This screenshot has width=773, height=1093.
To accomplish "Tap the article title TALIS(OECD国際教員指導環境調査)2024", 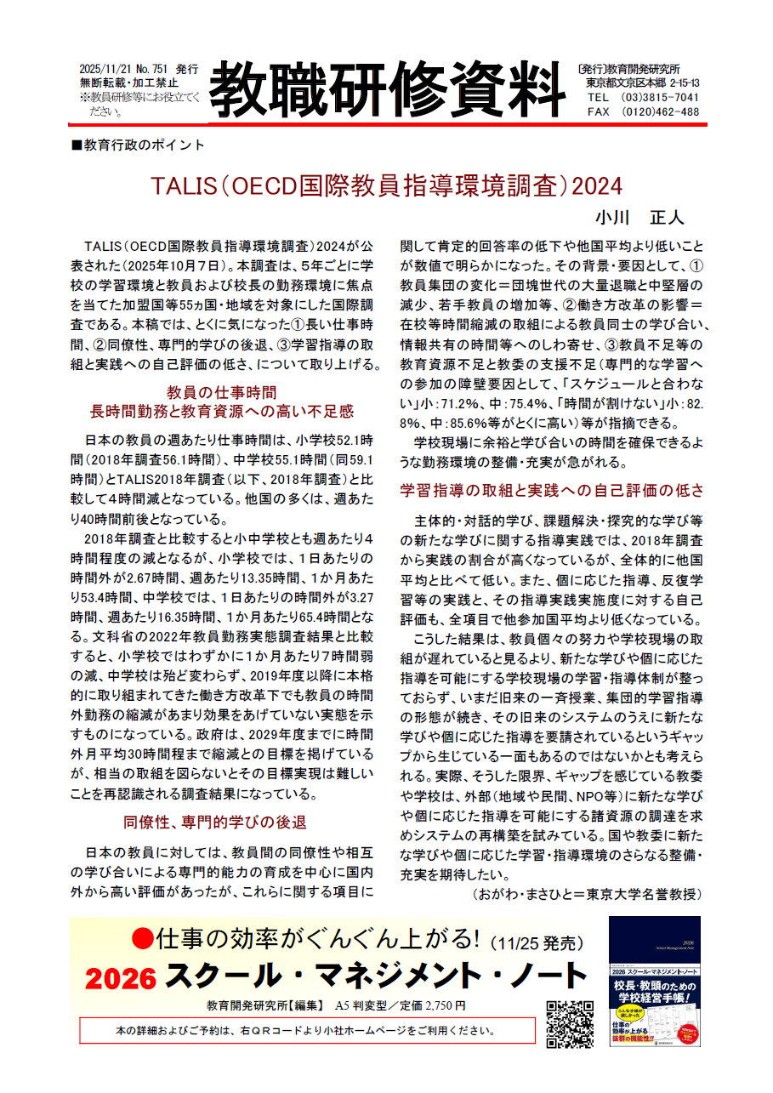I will click(386, 185).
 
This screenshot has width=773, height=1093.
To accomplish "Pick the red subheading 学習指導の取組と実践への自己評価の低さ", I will click(552, 491).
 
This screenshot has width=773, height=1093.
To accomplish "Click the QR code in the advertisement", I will click(569, 1024).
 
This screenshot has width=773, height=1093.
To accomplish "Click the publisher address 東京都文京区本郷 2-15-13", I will click(643, 83).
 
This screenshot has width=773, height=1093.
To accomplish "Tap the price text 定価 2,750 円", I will click(429, 1005).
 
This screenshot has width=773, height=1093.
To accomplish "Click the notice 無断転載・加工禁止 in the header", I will click(128, 83).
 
